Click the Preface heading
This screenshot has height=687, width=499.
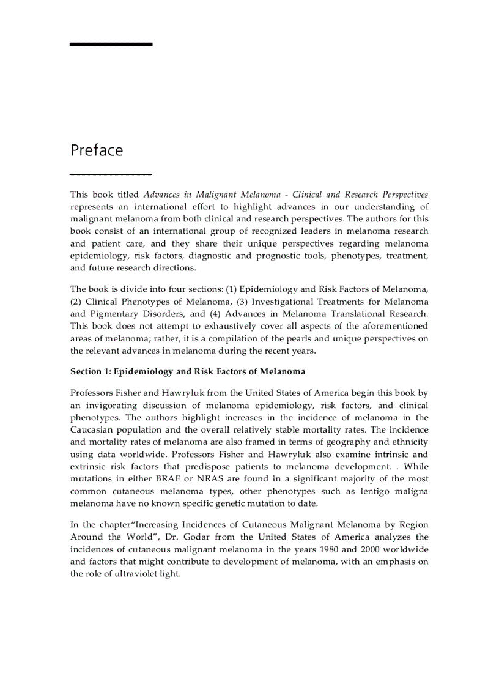tap(97, 150)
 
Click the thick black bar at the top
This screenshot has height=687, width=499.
tap(111, 44)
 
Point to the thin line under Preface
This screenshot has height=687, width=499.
tap(111, 175)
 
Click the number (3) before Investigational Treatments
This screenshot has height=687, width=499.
tap(242, 301)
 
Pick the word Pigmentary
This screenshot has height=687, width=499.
tap(115, 313)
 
